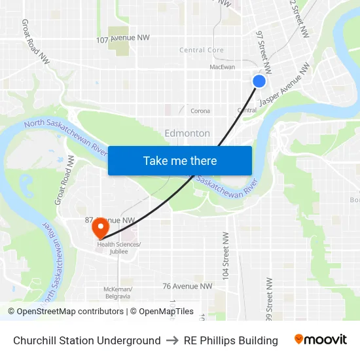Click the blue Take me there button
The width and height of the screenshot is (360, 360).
(x=180, y=161)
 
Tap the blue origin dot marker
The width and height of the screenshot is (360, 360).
(x=259, y=81)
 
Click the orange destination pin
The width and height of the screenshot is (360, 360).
(x=100, y=228)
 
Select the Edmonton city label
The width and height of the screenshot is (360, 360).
(x=187, y=134)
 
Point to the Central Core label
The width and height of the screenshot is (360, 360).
(x=202, y=50)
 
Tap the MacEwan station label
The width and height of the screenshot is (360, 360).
(x=222, y=67)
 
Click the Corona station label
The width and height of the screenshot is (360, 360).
(x=200, y=111)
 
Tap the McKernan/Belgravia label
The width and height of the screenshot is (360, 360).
(x=118, y=292)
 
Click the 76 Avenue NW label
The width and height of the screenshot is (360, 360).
(x=187, y=286)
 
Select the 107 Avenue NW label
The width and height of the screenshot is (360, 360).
(x=123, y=38)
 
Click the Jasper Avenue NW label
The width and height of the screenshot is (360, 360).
(x=285, y=85)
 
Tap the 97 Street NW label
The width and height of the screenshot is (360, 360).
(x=263, y=51)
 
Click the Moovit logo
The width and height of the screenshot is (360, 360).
(x=320, y=340)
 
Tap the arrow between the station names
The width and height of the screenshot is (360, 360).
(x=172, y=340)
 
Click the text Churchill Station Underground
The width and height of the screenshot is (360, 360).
(x=87, y=340)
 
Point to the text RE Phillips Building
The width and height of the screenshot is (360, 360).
(x=231, y=340)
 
